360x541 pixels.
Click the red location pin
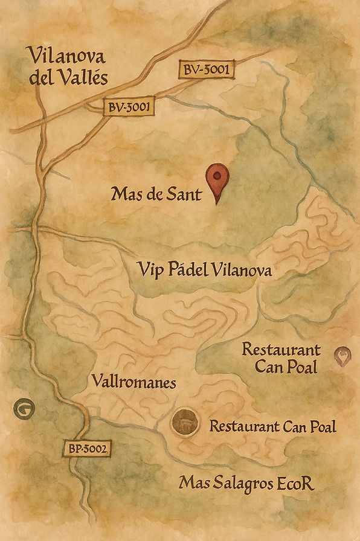point(217,179)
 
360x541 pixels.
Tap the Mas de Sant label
point(156,195)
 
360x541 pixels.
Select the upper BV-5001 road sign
point(206,70)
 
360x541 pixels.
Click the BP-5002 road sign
point(88,449)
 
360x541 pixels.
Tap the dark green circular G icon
point(24,409)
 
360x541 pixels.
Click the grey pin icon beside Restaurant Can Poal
point(344,356)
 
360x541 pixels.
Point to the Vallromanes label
point(134,382)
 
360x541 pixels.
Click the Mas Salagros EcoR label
point(247,484)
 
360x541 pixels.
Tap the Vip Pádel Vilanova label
point(204,270)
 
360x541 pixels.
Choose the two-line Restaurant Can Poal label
point(281,357)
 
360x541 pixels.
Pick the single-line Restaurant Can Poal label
point(272,426)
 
